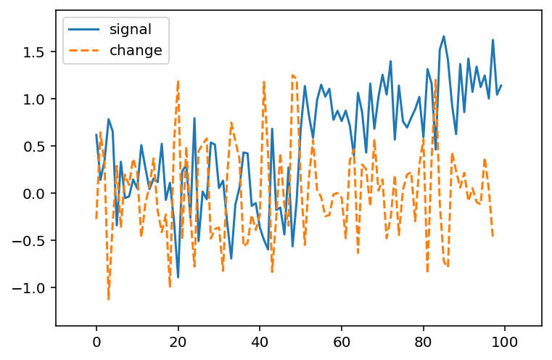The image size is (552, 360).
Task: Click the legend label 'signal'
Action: tap(131, 30)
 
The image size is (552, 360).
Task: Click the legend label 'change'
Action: tap(136, 50)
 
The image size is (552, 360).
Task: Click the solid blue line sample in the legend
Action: tap(84, 30)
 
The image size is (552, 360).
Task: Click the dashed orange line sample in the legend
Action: tap(84, 50)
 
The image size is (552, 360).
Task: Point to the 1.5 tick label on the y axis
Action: tap(34, 52)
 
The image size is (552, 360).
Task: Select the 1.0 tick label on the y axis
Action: tap(34, 99)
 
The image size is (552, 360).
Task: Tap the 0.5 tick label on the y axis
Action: tap(34, 146)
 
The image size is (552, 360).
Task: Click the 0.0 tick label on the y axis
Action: tap(34, 193)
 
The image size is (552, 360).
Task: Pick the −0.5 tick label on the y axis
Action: tap(28, 240)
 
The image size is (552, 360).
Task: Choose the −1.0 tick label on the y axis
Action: tap(28, 288)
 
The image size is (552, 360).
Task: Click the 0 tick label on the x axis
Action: tap(96, 342)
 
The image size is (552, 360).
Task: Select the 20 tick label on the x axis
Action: tap(178, 342)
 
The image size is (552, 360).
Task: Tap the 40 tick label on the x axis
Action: tap(260, 342)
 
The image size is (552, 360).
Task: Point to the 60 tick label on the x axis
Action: tap(341, 342)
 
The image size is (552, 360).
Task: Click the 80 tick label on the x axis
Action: tap(423, 342)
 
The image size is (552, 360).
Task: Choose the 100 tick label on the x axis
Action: tap(505, 342)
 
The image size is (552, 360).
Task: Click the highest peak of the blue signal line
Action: tap(444, 36)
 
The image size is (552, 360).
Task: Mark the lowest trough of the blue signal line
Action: tap(178, 277)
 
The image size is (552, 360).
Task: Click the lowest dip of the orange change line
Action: tap(108, 300)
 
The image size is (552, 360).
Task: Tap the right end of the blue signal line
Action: tap(501, 85)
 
